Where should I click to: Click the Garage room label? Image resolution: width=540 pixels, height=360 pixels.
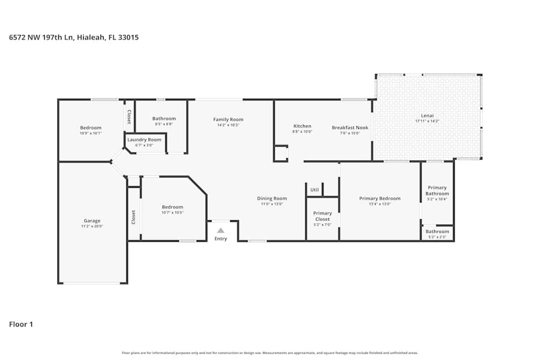click(x=92, y=221)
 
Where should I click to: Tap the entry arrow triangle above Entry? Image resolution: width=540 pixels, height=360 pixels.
click(x=220, y=230)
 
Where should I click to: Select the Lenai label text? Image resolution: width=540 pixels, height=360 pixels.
click(x=427, y=116)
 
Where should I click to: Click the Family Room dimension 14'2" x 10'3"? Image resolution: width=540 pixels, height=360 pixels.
click(x=228, y=125)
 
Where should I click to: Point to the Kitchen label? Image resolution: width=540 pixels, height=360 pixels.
click(x=302, y=126)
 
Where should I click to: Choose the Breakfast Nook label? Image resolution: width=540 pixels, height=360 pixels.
click(x=350, y=128)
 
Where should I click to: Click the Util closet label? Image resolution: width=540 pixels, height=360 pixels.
click(x=314, y=190)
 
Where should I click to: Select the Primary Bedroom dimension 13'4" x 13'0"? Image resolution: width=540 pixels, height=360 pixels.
click(x=380, y=204)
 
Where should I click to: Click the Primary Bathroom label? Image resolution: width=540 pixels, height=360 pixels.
click(x=437, y=191)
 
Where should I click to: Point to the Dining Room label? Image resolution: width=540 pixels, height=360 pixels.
click(x=272, y=199)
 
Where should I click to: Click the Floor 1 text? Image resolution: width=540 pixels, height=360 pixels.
click(x=21, y=324)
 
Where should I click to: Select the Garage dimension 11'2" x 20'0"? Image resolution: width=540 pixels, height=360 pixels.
click(x=92, y=227)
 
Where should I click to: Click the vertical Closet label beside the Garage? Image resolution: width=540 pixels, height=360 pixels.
click(x=133, y=217)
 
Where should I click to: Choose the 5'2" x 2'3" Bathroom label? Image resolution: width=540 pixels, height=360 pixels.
click(x=437, y=232)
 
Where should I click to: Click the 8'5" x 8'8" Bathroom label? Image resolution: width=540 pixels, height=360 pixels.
click(x=164, y=119)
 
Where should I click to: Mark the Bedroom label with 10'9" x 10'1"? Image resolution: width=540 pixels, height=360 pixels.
click(x=91, y=128)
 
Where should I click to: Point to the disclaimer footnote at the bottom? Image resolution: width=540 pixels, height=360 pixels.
click(x=270, y=353)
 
